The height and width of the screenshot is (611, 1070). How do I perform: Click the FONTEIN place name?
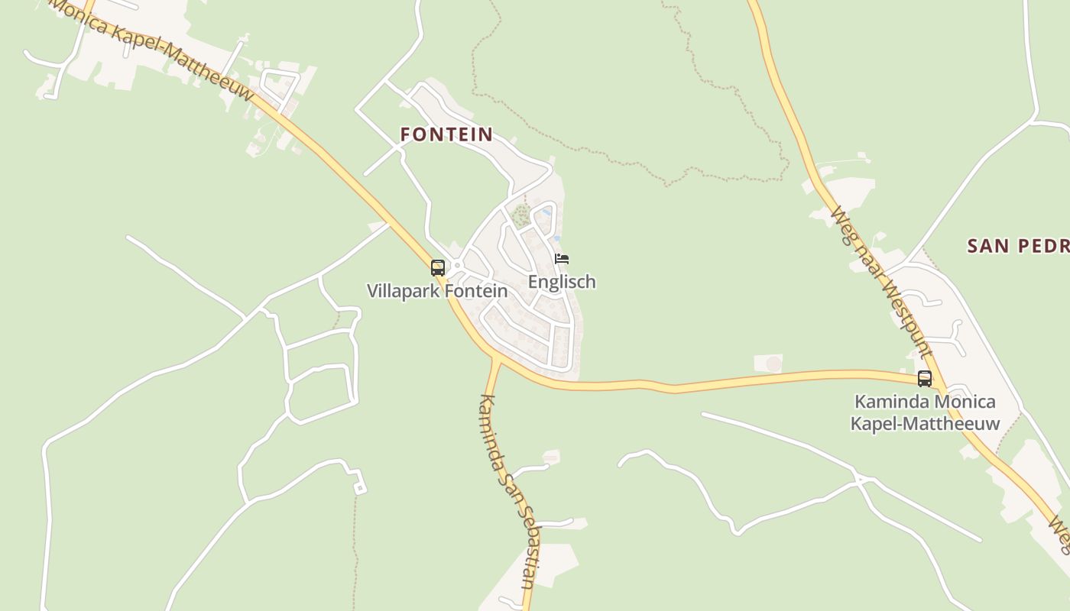pos(446,134)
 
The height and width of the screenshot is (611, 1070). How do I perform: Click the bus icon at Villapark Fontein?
pos(438,268)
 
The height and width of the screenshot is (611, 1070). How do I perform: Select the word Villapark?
pos(400,291)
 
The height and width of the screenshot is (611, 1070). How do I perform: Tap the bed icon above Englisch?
pos(562,259)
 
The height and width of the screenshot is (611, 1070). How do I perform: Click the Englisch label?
pos(562,282)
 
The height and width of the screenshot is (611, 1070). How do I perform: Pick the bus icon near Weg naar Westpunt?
pos(924,378)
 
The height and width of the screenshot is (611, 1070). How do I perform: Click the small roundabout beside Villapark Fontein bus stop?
pos(456,267)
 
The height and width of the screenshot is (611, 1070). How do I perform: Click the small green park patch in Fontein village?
pos(521,215)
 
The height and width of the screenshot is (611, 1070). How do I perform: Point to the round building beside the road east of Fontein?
pos(773,364)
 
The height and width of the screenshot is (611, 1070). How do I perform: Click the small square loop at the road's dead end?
pos(359,488)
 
